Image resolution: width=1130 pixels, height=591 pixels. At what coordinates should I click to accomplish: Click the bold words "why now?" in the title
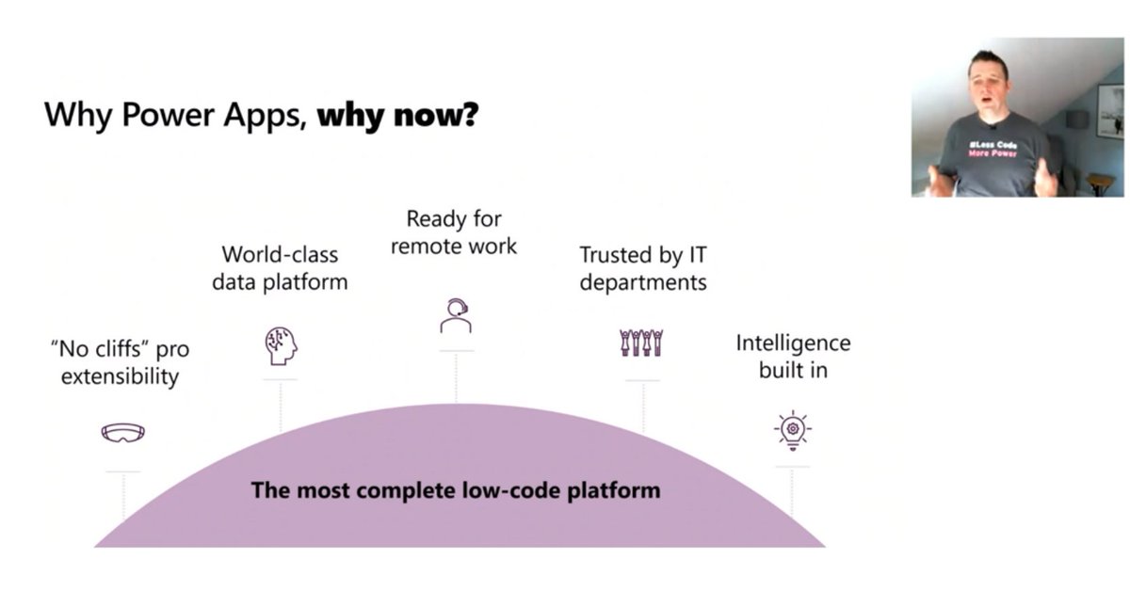coord(397,116)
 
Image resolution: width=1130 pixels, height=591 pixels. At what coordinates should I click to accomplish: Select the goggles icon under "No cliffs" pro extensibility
coord(123,433)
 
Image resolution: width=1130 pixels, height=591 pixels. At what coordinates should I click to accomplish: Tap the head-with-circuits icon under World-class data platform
coord(280,344)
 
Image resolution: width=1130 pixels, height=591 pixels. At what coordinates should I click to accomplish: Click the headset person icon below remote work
coord(456,315)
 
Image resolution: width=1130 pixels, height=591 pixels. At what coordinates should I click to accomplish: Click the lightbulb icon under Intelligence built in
coord(792,430)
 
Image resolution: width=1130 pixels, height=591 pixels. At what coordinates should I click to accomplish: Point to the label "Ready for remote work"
coord(454,232)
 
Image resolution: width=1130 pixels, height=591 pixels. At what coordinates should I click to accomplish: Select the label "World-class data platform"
coord(280,267)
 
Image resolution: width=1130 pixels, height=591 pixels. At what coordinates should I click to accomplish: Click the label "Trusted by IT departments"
coord(642,267)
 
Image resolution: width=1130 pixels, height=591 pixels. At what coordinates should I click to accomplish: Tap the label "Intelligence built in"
coord(793,356)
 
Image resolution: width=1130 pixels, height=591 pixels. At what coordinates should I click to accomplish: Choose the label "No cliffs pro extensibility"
coord(120,362)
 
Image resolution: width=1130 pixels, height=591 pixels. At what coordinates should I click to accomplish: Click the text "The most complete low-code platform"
coord(455,490)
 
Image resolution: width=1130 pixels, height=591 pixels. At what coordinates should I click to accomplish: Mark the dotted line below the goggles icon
coord(123,496)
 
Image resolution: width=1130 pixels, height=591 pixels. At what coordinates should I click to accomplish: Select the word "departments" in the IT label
coord(642,281)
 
